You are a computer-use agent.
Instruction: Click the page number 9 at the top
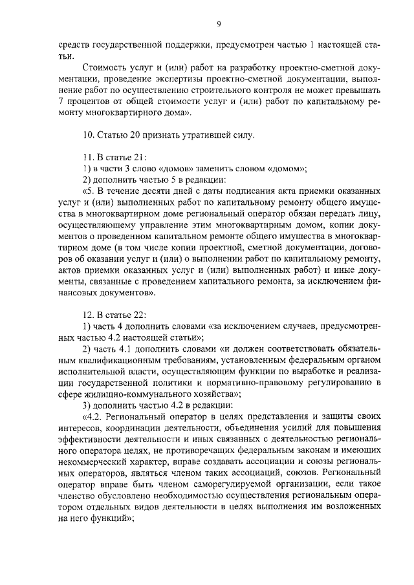[219, 24]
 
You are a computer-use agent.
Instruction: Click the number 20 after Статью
[131, 136]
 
